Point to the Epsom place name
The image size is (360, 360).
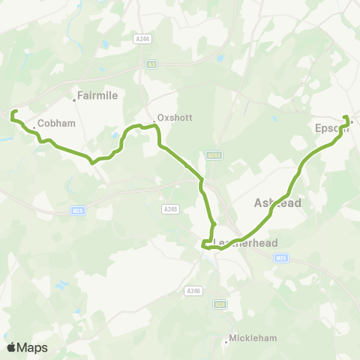pos(328,128)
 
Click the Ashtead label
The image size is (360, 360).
pos(277,203)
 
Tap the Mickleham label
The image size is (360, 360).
pos(252,338)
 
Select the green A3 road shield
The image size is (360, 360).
pos(152,65)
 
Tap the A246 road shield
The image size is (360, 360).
pos(193,289)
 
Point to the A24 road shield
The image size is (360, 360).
pos(220,304)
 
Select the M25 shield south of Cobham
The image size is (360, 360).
pos(78,211)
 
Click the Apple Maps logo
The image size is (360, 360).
pos(27,347)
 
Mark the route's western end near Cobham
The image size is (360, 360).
pos(11,114)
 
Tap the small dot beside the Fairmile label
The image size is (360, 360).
pos(76,97)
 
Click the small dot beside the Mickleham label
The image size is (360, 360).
pos(226,342)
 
